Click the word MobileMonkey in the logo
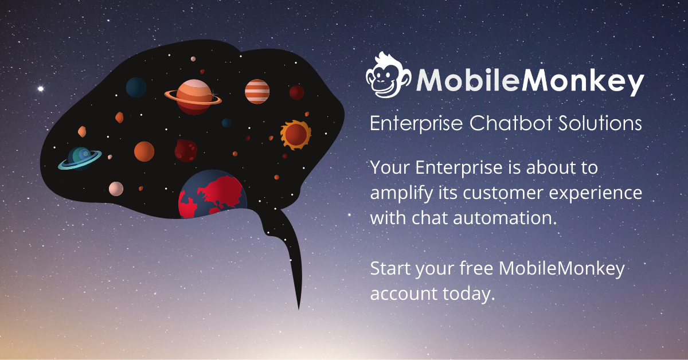point(530,81)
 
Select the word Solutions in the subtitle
point(600,123)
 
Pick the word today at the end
point(469,294)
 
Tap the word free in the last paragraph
point(476,268)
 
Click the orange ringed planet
point(193,97)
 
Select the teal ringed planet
point(80,158)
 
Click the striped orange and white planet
point(257,92)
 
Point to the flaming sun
point(295,135)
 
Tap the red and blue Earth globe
point(213,194)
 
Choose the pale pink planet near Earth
point(116,189)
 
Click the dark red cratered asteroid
point(186,151)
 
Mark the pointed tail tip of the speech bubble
point(299,309)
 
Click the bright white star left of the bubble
point(41,89)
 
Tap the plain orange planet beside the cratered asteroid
point(144,151)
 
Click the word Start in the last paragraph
point(390,268)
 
